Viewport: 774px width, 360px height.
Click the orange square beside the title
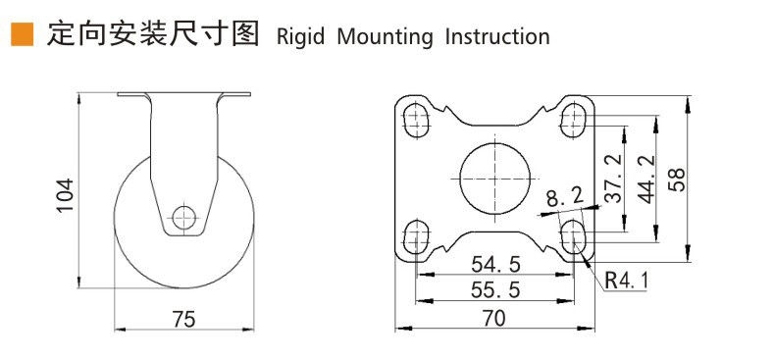(x=23, y=34)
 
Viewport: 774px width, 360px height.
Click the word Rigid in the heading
(x=300, y=37)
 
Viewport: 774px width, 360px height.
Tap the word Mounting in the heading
(x=384, y=37)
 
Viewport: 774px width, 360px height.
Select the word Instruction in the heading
(x=497, y=36)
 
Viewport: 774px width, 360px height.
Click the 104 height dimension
(x=65, y=196)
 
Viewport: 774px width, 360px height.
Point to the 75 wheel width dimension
(x=184, y=320)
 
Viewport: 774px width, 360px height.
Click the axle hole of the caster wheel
(x=183, y=218)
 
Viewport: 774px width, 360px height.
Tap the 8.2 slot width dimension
(x=565, y=199)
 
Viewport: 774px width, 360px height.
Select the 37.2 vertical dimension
(x=613, y=179)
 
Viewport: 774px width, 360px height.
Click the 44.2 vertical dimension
(x=646, y=179)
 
